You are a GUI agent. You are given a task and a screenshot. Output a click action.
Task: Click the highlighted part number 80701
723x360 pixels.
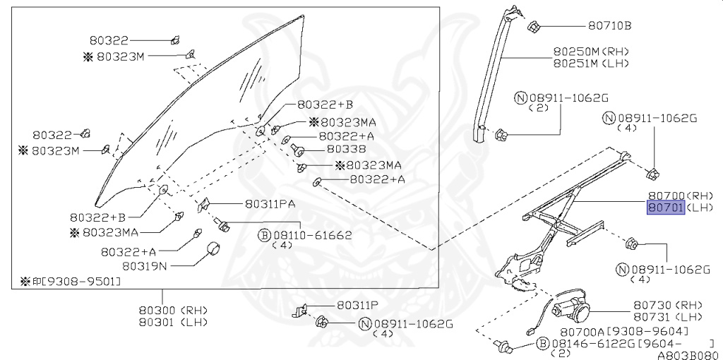point(666,208)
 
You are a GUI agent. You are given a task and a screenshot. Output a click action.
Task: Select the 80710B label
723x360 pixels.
point(609,27)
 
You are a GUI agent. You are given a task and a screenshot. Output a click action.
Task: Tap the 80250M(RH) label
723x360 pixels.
point(590,52)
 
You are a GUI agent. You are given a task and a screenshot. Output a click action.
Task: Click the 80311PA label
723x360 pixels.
point(270,204)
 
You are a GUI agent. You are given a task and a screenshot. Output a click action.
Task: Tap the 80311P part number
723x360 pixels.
point(357,306)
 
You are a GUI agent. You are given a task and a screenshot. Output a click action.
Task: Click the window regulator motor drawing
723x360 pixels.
point(573,305)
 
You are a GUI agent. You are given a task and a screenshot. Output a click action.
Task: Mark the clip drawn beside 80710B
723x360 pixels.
point(534,28)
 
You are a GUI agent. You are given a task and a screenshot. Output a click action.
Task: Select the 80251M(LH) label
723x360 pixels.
point(590,63)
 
